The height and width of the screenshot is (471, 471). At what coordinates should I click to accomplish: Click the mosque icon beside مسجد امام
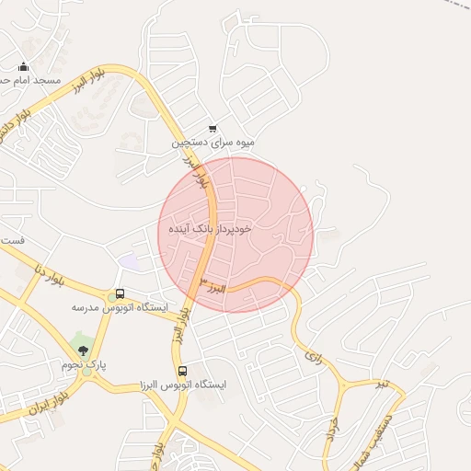point(24,66)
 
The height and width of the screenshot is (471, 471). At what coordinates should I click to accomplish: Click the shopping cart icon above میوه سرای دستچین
point(213,130)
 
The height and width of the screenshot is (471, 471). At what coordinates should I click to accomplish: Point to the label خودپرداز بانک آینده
point(211,226)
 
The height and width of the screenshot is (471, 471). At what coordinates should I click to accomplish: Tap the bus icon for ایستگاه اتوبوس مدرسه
point(119,294)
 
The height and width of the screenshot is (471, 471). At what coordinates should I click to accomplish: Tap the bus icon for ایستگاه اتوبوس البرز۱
point(181,372)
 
